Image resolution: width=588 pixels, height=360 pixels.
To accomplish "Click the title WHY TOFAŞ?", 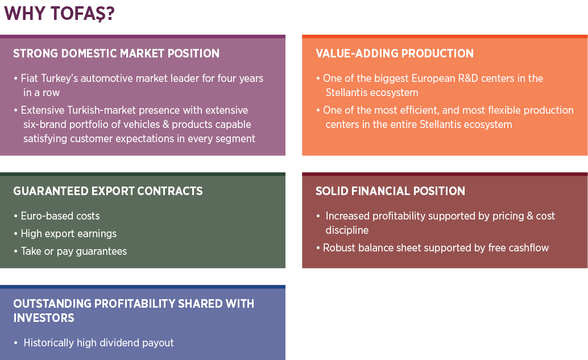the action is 59,14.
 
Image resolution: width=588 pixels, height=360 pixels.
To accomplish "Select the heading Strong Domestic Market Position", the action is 116,53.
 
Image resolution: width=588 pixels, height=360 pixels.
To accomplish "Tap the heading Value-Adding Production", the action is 395,53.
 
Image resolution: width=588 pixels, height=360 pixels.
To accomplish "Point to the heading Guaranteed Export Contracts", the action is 108,191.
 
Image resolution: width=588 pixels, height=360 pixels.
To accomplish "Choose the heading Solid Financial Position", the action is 390,191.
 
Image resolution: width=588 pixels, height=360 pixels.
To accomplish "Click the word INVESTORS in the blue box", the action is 44,317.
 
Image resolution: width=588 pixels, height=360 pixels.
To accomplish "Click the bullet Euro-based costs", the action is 60,216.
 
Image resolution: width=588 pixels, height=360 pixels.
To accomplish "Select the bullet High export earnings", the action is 69,234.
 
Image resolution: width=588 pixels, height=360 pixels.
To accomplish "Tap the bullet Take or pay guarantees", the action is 73,251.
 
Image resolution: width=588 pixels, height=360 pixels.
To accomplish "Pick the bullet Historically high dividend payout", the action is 98,343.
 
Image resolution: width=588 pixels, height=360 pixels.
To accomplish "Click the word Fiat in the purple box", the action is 29,78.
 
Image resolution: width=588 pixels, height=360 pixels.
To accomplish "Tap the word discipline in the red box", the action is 347,230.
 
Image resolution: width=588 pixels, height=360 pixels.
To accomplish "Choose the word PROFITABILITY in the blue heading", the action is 134,303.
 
